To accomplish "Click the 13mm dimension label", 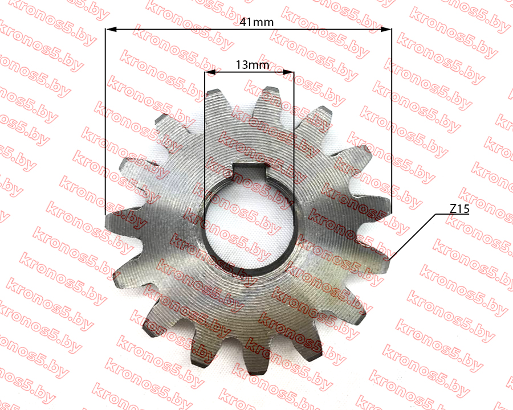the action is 253,65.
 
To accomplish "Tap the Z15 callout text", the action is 459,208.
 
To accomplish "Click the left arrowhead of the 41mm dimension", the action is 111,30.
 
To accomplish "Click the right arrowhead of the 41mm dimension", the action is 386,30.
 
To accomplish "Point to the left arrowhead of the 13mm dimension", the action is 210,72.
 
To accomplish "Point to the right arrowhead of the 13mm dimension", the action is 288,72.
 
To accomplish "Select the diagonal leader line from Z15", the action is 413,237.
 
